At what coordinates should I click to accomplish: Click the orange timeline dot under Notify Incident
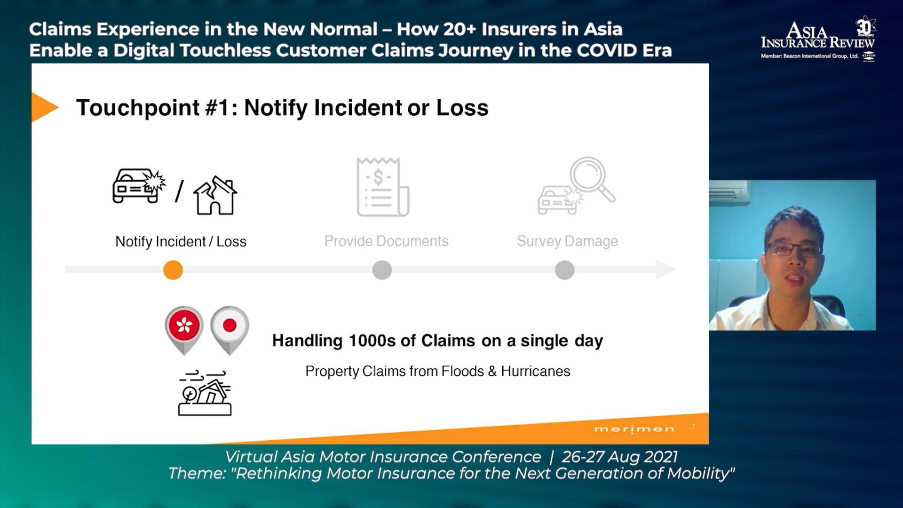click(x=173, y=270)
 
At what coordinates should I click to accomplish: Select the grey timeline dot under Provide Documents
click(x=382, y=270)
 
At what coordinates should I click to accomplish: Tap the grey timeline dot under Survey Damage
click(x=564, y=270)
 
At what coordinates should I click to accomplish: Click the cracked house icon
click(x=215, y=195)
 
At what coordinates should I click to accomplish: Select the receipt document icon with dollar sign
click(x=383, y=187)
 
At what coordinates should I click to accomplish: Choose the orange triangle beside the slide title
click(x=44, y=107)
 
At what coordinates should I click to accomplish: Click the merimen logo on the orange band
click(x=634, y=429)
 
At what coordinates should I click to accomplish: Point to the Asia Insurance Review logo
click(x=818, y=40)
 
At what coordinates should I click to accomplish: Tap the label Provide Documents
click(x=386, y=241)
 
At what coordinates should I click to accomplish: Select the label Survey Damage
click(x=567, y=241)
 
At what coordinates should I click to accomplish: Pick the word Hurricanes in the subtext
click(x=535, y=371)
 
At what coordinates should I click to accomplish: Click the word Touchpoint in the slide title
click(x=138, y=108)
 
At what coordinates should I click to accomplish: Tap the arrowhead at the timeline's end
click(x=665, y=270)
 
